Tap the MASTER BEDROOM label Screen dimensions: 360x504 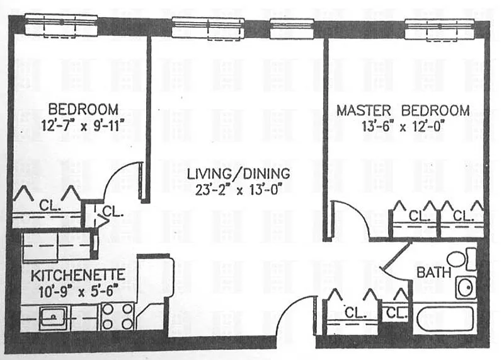pos(403,110)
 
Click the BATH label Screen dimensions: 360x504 pos(433,273)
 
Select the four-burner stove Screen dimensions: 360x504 pos(118,316)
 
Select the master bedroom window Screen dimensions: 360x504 pos(439,26)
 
